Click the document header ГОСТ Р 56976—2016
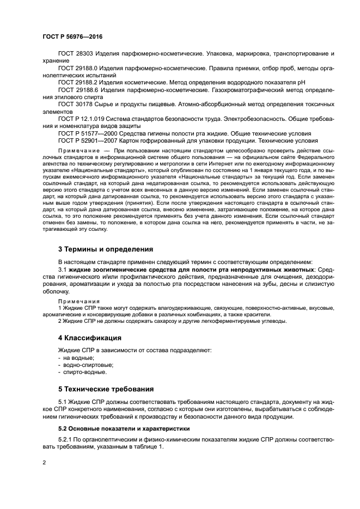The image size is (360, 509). point(72,36)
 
